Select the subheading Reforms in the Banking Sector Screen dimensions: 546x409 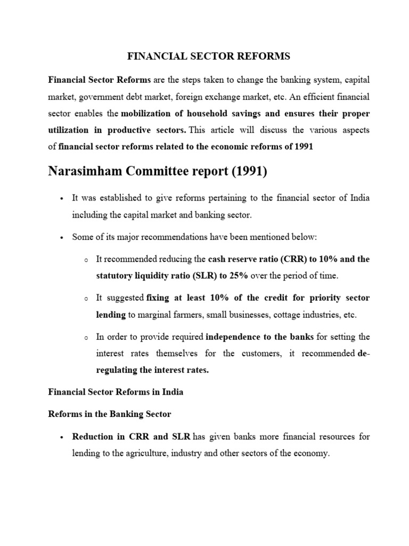click(110, 414)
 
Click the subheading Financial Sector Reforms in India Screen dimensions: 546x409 click(116, 392)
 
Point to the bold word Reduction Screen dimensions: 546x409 click(93, 437)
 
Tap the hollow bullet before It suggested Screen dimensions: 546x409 click(86, 298)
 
